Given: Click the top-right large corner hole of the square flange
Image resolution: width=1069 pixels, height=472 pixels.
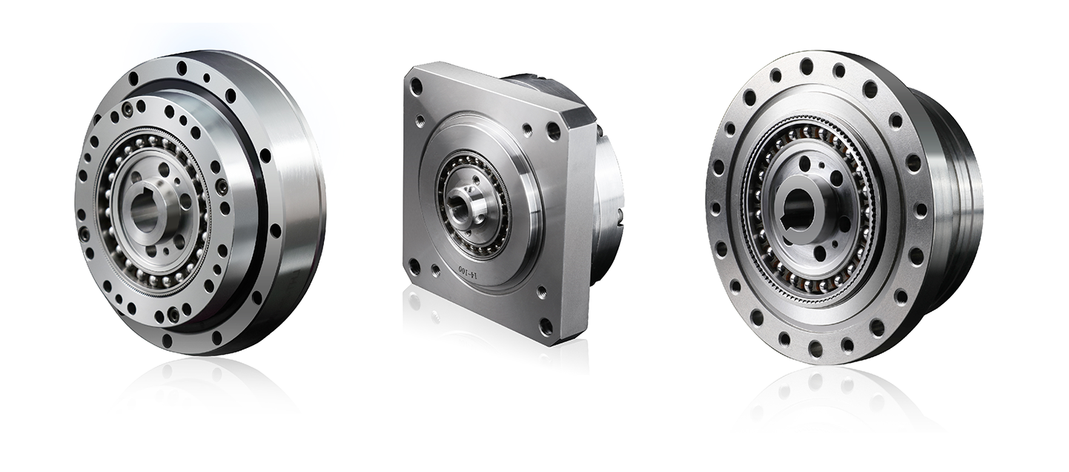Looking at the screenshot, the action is (553, 129).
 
